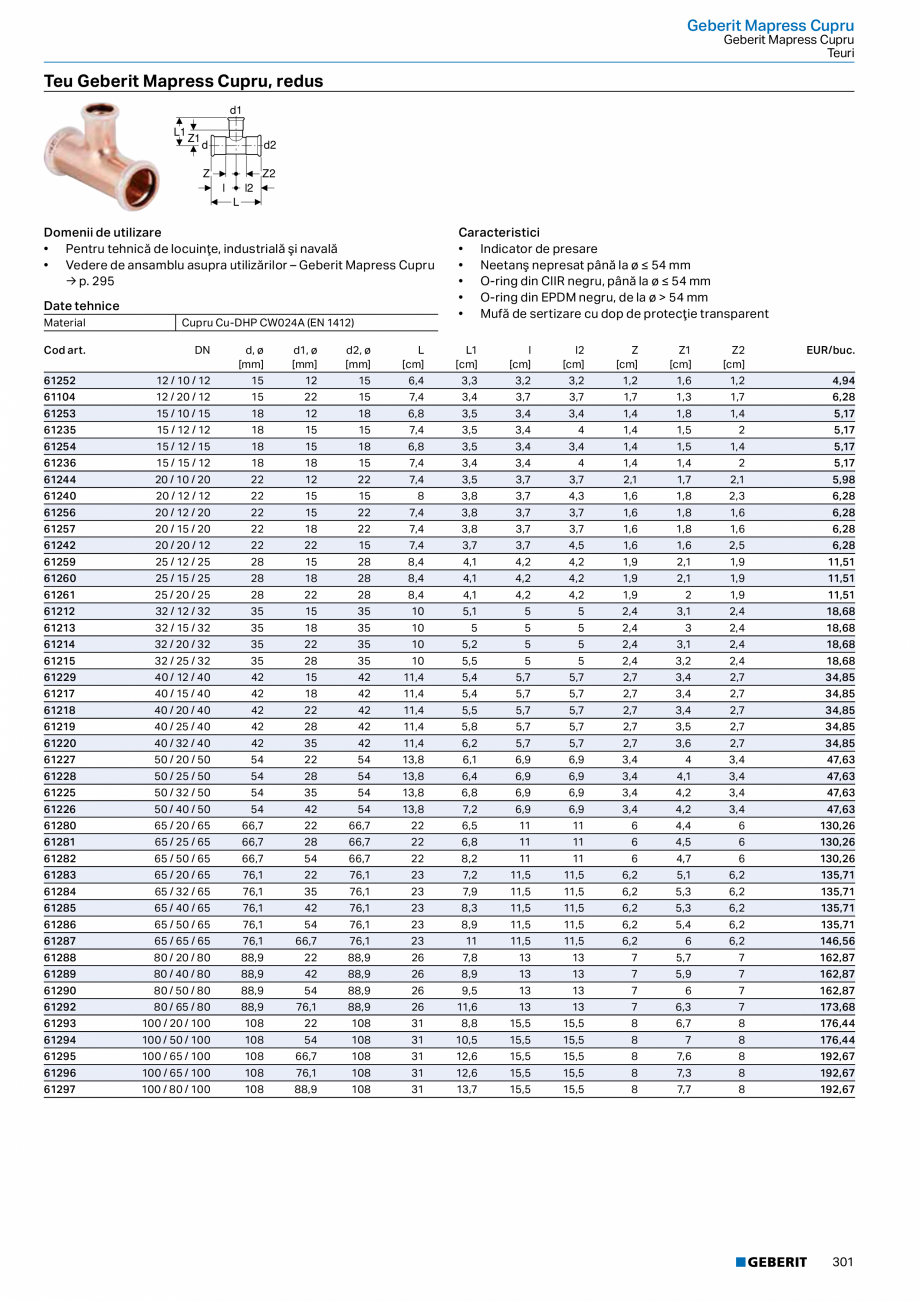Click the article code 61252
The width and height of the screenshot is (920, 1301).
(60, 381)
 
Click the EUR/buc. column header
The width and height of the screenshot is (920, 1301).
(830, 350)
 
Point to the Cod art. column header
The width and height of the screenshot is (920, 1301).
(65, 350)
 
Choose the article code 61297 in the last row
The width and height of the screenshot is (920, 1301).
(60, 1089)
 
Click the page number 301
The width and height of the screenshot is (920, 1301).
(843, 1262)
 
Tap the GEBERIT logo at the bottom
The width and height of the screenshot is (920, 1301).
(771, 1262)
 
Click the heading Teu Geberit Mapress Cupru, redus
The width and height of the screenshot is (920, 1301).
(183, 81)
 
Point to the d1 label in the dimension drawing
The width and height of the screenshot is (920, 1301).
(236, 110)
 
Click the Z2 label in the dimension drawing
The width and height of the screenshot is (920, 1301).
(268, 174)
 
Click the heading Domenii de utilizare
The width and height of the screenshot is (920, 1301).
(102, 232)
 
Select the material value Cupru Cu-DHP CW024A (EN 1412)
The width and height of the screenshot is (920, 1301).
(268, 323)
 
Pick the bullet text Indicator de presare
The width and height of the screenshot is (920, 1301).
(538, 249)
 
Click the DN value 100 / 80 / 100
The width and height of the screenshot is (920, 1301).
(176, 1089)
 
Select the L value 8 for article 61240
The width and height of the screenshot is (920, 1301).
(420, 495)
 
